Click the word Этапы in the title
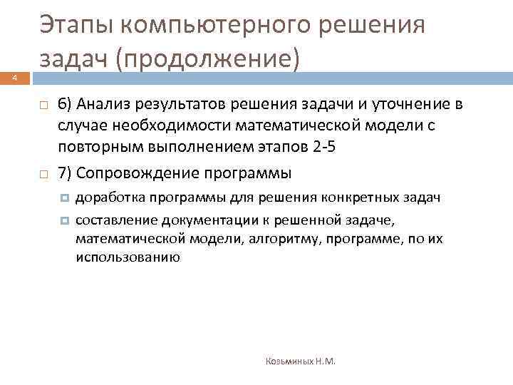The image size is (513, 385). coord(75,26)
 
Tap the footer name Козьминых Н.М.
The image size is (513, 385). coord(301,362)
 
